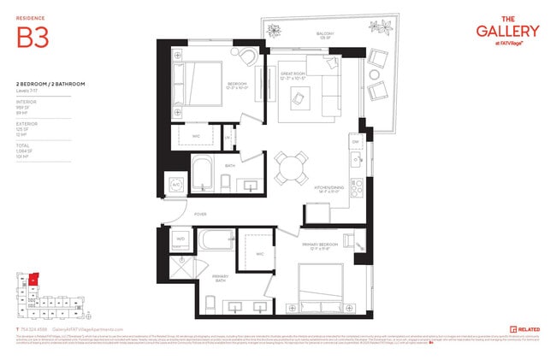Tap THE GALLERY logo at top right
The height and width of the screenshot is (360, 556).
point(507,29)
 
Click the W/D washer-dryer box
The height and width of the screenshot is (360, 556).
point(180,240)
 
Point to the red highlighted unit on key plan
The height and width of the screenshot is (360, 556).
point(33,279)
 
